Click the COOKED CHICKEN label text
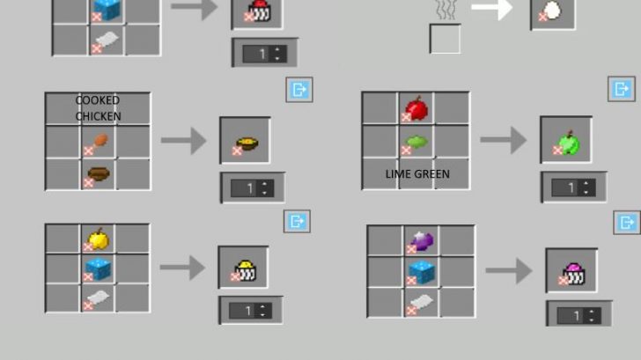tap(98, 108)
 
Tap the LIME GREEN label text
tap(417, 173)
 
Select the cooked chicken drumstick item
tap(99, 140)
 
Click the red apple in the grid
tap(416, 109)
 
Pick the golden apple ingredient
tap(99, 239)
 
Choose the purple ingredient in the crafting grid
tap(422, 240)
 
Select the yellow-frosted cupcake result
tap(245, 268)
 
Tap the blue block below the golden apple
tap(99, 268)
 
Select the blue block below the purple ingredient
tap(422, 272)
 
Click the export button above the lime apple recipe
tap(622, 89)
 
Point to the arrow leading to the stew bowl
tap(184, 140)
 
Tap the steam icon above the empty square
tap(444, 10)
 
